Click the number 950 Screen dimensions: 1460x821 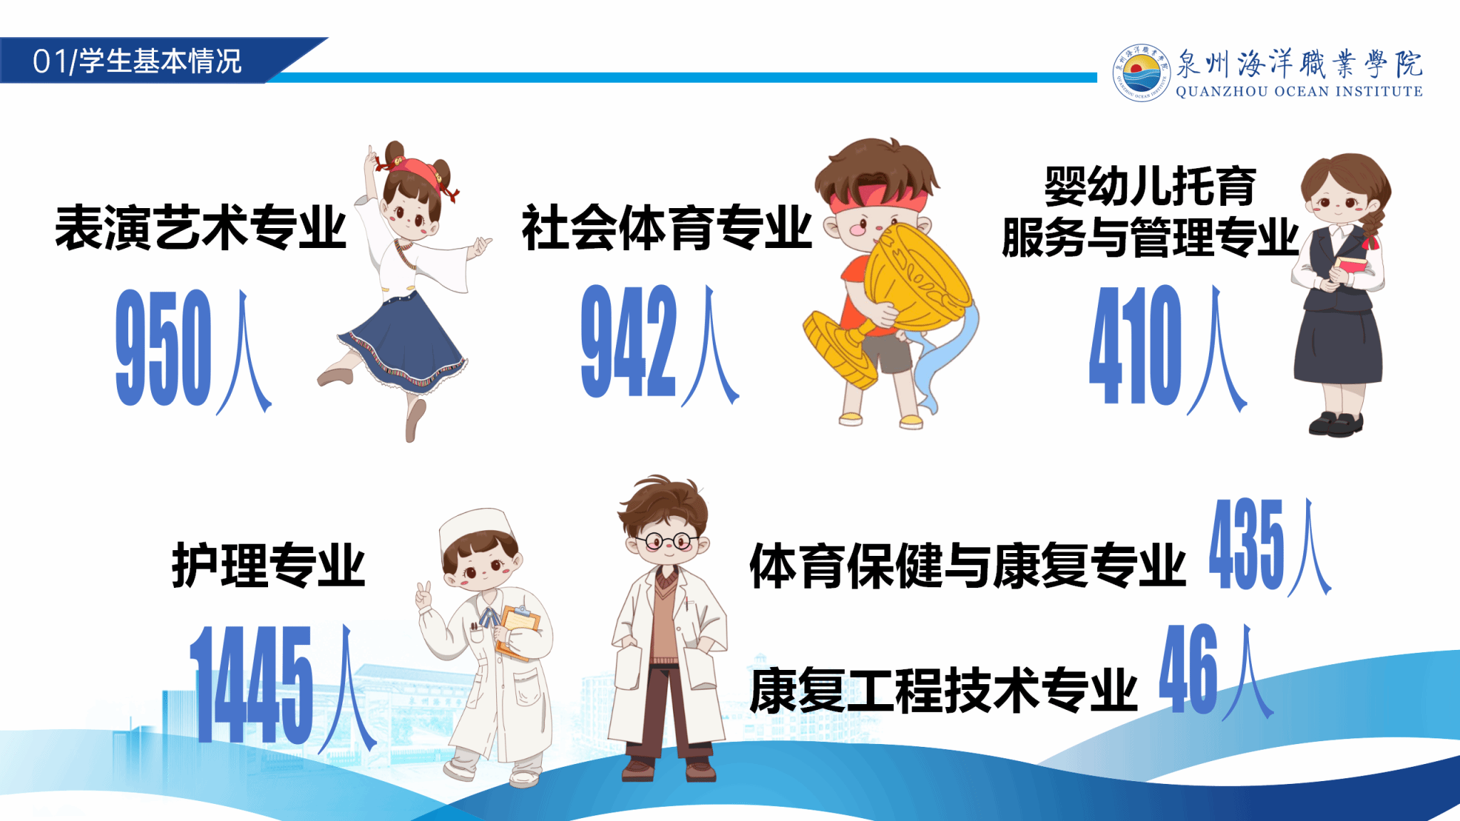coord(163,348)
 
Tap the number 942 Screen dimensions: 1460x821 coord(628,341)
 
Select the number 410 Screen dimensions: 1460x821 coord(1136,345)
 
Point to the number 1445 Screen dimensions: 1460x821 coord(251,684)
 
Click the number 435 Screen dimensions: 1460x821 coord(1246,544)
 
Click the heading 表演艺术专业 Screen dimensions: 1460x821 coord(200,228)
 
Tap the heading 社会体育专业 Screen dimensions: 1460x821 coord(667,228)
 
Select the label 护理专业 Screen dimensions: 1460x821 coord(268,564)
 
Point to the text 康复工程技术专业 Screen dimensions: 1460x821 coord(943,690)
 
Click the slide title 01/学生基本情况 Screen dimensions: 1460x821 coord(137,61)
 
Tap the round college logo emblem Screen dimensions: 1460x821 coord(1141,72)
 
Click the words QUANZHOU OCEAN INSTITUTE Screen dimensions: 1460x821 coord(1299,91)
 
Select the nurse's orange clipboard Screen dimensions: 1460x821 coord(518,631)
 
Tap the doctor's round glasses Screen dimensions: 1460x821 coord(667,541)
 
